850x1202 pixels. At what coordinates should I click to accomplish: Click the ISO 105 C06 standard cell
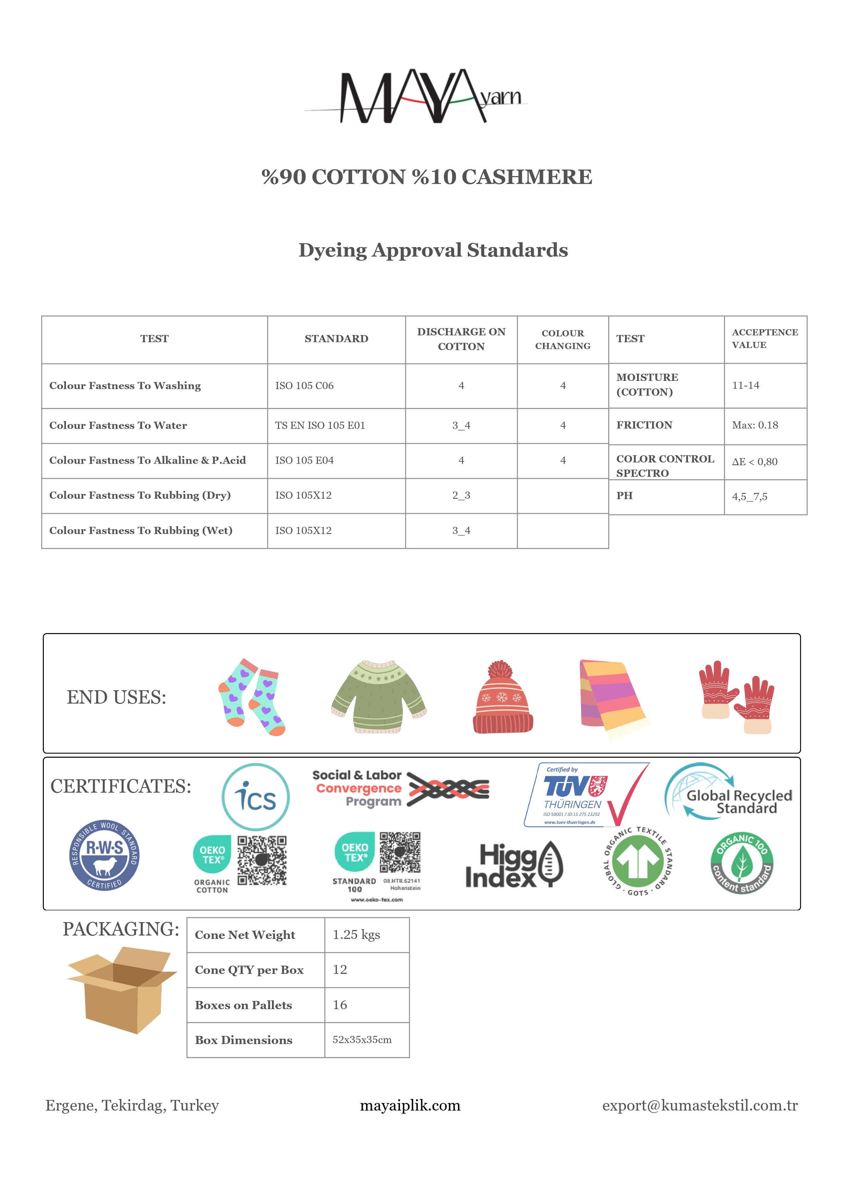click(304, 386)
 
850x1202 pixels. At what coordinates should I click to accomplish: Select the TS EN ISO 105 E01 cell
click(320, 426)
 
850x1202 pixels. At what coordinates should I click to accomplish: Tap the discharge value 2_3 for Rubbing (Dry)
click(461, 495)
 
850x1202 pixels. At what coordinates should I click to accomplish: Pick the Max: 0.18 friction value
click(755, 425)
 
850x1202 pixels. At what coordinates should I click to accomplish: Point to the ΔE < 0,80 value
click(754, 462)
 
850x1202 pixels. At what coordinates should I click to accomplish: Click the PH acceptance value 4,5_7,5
click(750, 497)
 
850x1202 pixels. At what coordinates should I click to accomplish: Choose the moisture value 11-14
click(745, 385)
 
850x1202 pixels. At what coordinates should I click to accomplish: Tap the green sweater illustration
click(379, 696)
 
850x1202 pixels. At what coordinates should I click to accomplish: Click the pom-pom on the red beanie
click(500, 670)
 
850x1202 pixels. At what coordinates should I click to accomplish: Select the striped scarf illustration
click(612, 697)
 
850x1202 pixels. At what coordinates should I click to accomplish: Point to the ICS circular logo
click(255, 797)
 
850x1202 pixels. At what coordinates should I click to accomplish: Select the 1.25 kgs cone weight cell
click(357, 935)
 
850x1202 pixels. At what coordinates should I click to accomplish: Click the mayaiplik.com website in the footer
click(410, 1106)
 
